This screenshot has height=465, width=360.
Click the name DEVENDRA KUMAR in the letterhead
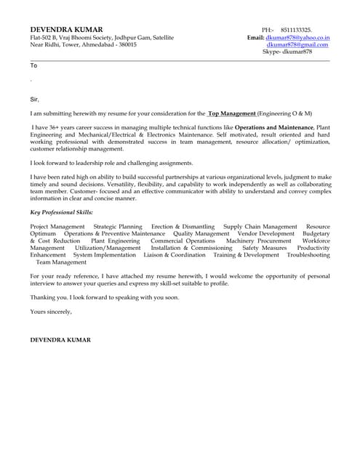point(61,29)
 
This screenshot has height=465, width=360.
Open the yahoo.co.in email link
point(297,37)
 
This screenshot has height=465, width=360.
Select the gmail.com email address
point(297,44)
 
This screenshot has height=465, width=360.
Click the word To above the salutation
point(33,65)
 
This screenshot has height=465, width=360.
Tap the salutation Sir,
point(34,100)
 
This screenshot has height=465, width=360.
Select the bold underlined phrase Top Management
point(232,114)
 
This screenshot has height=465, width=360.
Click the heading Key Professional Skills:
point(61,212)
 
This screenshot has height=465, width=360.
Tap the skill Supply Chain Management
point(260,227)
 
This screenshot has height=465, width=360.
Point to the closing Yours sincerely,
point(51,312)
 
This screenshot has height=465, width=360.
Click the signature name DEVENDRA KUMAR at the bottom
point(61,340)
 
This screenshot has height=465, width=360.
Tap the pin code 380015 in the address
point(127,44)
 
